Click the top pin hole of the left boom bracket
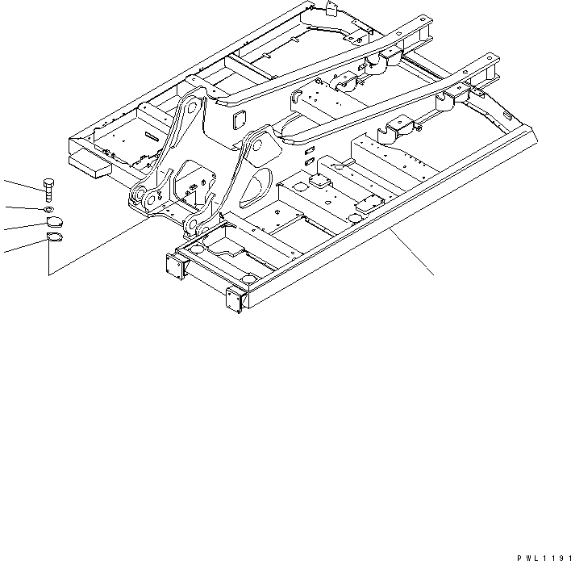tap(190, 106)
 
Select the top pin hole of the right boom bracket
tap(260, 142)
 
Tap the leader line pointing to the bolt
tap(20, 185)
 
